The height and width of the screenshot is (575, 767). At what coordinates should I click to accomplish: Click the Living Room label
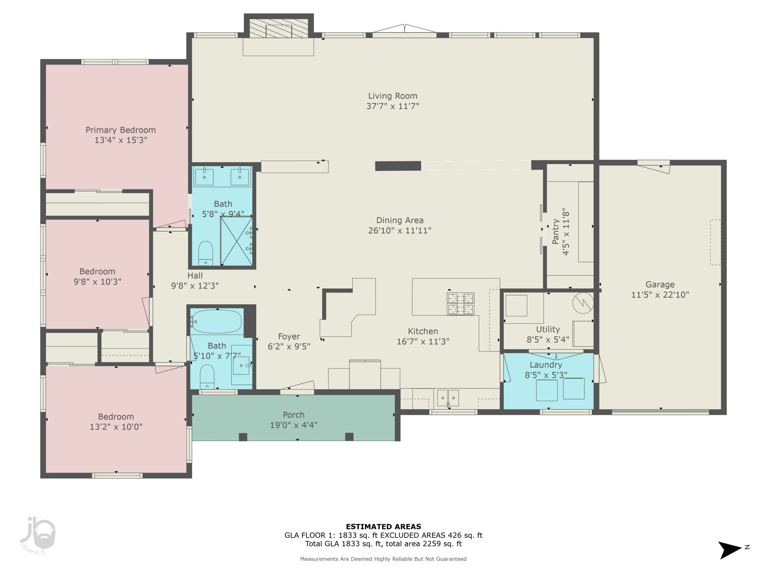[x=392, y=96]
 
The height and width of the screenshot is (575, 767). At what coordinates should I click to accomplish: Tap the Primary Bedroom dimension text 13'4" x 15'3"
[x=121, y=140]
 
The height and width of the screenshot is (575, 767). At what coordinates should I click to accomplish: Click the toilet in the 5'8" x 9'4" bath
[x=205, y=253]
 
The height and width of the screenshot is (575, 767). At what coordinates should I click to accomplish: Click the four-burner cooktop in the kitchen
[x=460, y=304]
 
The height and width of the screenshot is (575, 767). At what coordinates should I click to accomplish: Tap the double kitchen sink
[x=448, y=398]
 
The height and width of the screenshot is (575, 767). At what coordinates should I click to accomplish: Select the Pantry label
[x=556, y=231]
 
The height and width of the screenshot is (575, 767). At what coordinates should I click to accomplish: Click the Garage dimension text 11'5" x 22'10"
[x=660, y=295]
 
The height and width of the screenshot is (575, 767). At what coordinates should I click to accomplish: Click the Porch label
[x=294, y=415]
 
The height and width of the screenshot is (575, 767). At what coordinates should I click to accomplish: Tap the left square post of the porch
[x=243, y=437]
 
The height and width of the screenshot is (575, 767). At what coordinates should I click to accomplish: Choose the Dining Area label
[x=400, y=221]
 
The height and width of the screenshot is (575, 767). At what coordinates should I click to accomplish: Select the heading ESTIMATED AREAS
[x=383, y=526]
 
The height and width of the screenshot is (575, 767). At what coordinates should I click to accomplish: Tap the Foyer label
[x=289, y=337]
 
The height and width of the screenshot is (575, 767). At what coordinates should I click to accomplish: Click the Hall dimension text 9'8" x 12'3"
[x=195, y=286]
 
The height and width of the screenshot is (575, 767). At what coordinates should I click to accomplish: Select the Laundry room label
[x=546, y=365]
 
